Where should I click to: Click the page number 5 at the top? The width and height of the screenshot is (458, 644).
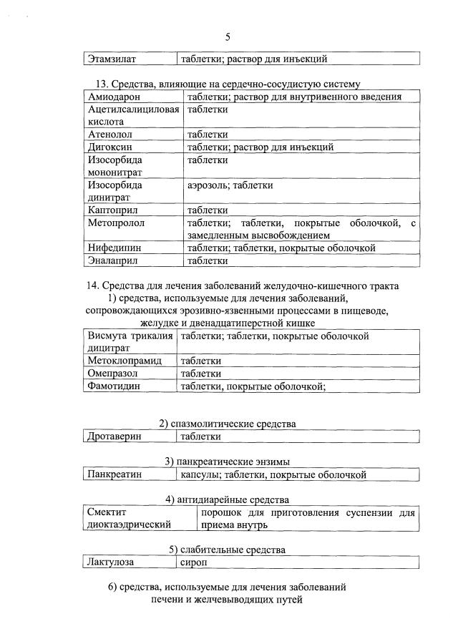(228, 36)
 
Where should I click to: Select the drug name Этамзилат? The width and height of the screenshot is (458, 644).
(111, 59)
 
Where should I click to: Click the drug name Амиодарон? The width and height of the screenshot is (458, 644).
(114, 97)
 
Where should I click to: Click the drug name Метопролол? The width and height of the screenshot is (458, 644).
(117, 223)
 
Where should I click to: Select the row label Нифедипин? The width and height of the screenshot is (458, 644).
(114, 248)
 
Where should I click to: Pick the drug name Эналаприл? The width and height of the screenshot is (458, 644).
(114, 261)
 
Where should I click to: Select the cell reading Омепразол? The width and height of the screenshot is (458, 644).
(112, 374)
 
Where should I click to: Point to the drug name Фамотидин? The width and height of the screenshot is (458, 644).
(113, 386)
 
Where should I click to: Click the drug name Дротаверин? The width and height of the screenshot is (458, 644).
(114, 436)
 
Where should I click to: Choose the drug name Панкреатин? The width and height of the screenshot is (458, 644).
(114, 474)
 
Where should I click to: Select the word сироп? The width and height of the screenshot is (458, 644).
(193, 562)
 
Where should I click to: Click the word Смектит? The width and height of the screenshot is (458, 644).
(106, 512)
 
